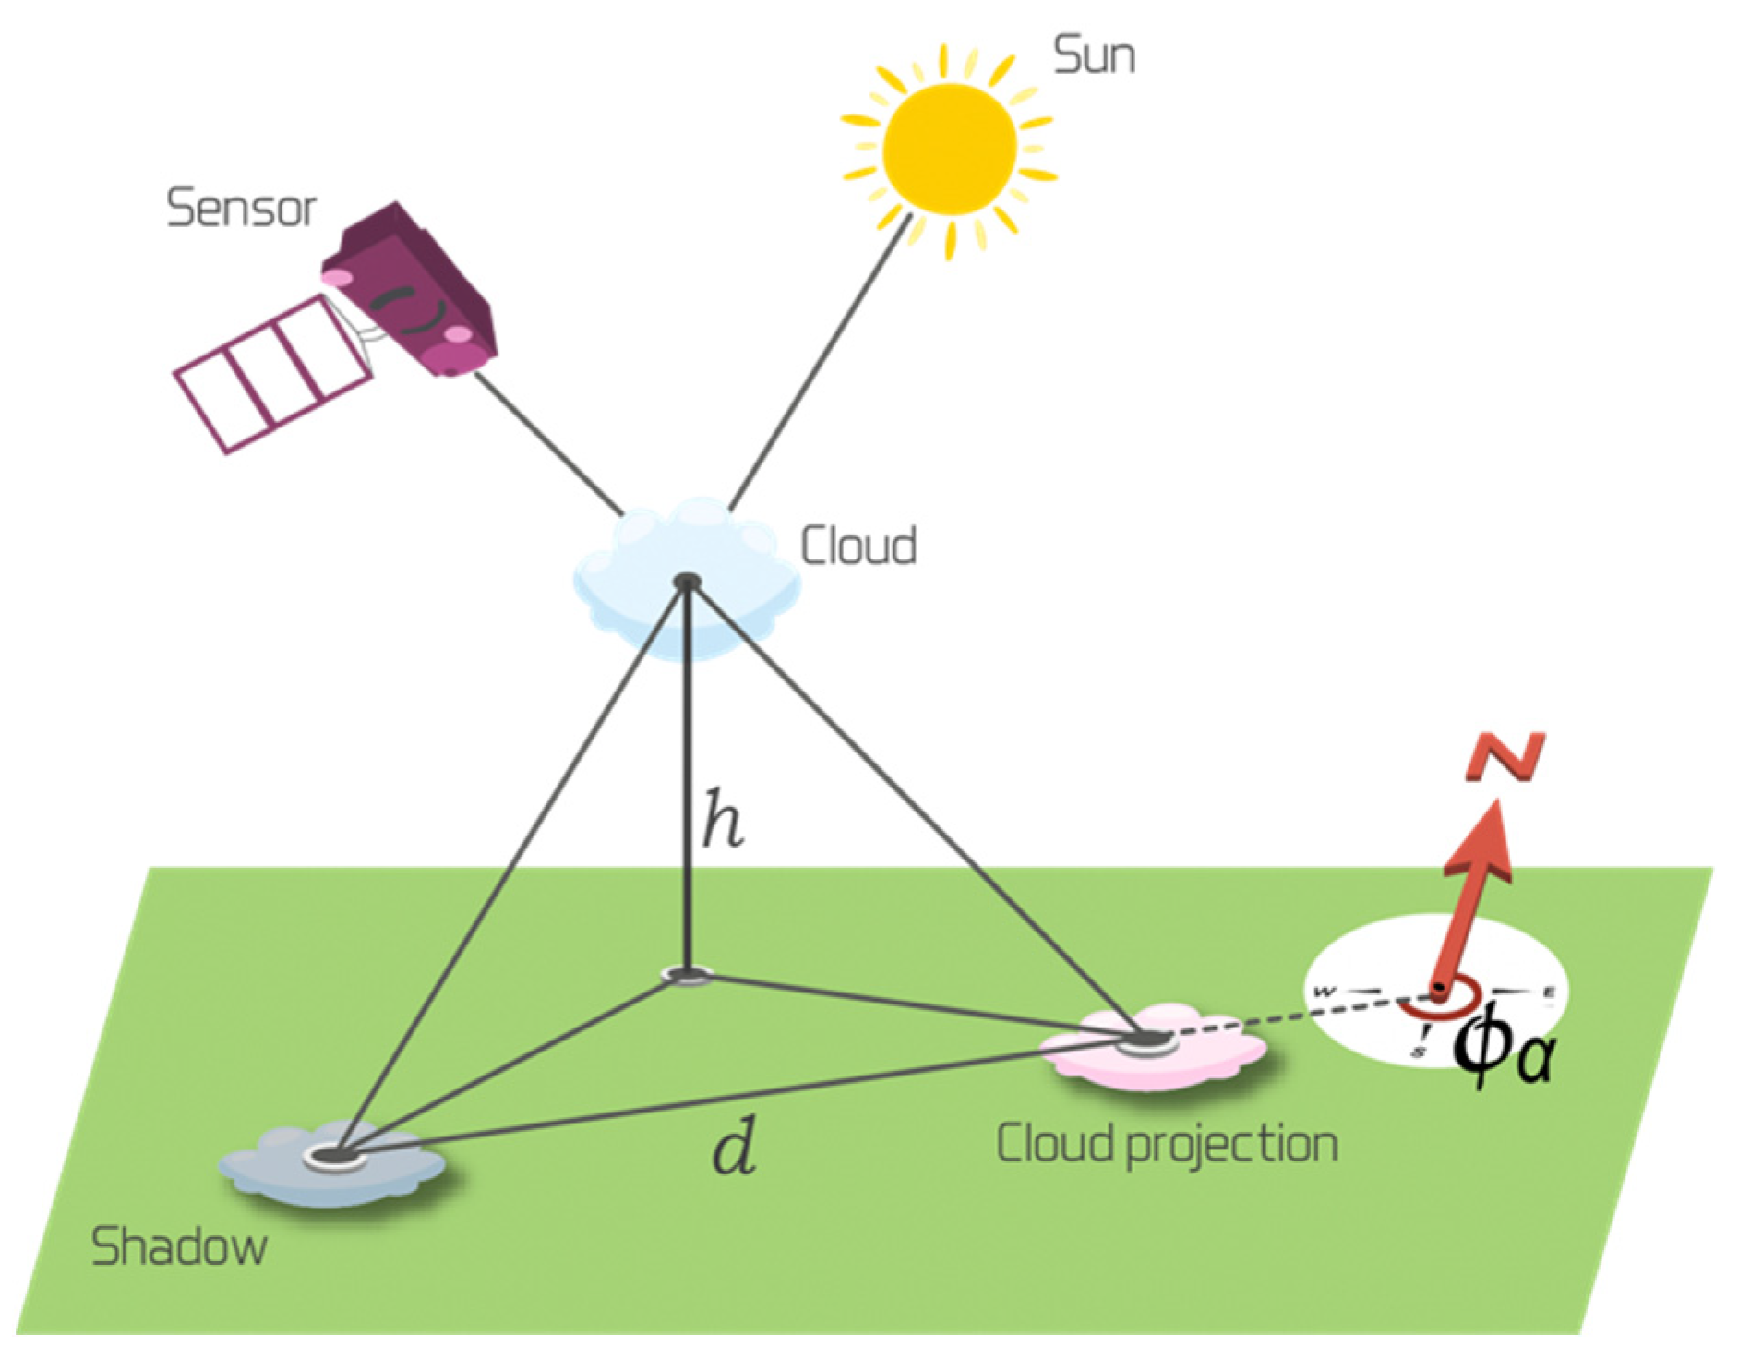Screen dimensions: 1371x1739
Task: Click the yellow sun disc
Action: click(x=948, y=148)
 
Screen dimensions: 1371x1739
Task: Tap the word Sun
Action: click(x=1094, y=57)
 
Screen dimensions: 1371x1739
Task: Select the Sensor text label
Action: click(x=241, y=210)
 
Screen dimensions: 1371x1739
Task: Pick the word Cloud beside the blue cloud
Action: click(x=858, y=546)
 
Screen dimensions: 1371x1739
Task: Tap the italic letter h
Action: click(x=722, y=819)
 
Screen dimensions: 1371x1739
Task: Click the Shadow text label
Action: click(x=179, y=1247)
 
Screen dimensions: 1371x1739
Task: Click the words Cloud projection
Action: click(x=1167, y=1144)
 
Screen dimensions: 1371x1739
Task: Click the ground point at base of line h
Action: click(x=687, y=973)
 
